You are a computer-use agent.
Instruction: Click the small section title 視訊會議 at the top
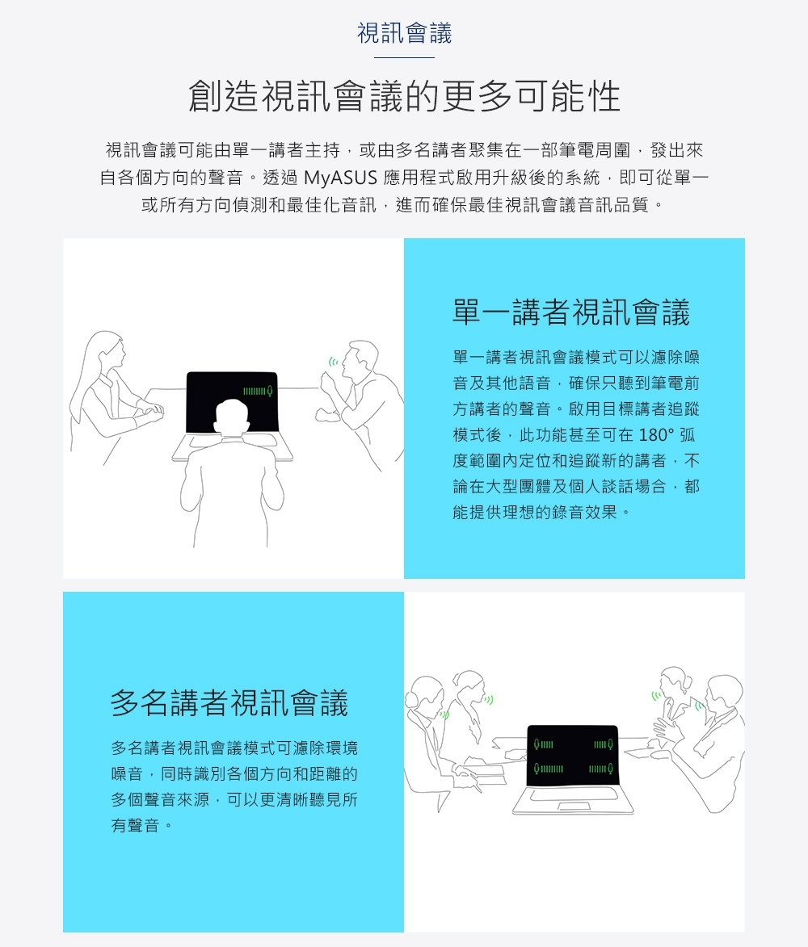click(404, 32)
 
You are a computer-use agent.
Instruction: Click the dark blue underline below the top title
click(404, 57)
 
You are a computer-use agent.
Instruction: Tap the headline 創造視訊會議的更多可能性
click(404, 96)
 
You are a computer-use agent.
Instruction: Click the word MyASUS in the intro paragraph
click(340, 178)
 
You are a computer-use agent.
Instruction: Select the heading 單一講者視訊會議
click(571, 312)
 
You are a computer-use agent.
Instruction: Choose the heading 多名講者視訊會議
click(229, 702)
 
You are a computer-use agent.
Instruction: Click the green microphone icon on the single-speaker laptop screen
click(270, 392)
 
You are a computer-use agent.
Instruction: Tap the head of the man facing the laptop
click(233, 417)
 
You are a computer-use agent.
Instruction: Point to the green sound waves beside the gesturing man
click(333, 362)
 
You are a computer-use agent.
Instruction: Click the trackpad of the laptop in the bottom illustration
click(574, 807)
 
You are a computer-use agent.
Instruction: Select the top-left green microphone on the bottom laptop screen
click(536, 744)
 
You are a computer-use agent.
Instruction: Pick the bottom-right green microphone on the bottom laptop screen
click(610, 769)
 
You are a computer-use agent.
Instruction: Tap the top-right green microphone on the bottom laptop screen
click(610, 744)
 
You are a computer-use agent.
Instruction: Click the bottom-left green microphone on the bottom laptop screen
click(536, 769)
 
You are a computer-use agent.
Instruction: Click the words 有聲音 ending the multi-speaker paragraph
click(135, 825)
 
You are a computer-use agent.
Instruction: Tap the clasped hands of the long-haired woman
click(150, 413)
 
